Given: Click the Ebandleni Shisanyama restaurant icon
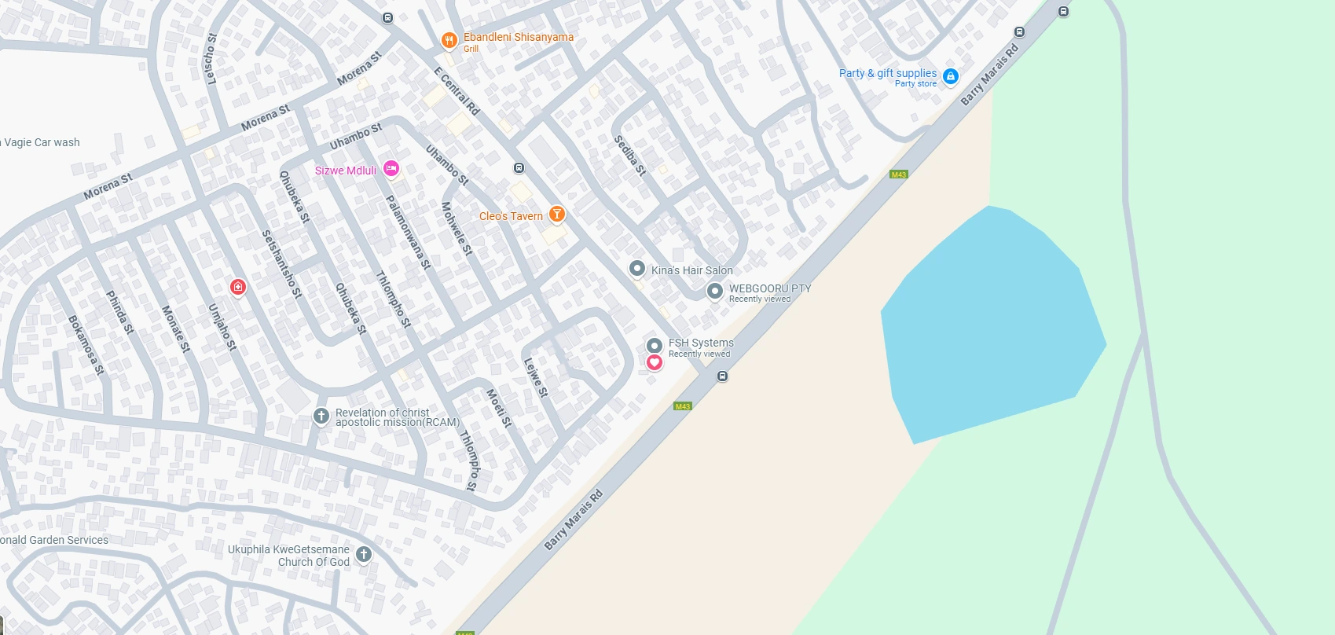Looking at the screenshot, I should [449, 40].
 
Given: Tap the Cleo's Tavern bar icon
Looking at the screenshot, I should [556, 214].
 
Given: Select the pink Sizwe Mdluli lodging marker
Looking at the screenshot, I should [391, 168].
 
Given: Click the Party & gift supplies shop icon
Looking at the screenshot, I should [950, 76].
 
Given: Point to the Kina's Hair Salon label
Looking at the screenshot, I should [691, 270].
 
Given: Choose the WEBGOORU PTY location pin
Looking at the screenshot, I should [714, 291].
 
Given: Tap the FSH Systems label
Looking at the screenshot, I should [701, 343].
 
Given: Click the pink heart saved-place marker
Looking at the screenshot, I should [654, 362].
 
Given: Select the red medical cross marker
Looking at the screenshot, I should [237, 288].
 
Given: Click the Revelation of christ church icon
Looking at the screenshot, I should [321, 416].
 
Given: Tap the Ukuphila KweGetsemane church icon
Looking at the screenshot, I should [363, 554].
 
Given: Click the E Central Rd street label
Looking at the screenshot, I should [457, 91].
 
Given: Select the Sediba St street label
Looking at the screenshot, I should [629, 156].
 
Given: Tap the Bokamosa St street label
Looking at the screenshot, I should [86, 345].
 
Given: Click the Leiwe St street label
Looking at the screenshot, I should [536, 377].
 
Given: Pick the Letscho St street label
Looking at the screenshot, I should [211, 58].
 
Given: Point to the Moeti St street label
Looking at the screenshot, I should [499, 408].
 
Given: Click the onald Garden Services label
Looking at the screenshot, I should [54, 540].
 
